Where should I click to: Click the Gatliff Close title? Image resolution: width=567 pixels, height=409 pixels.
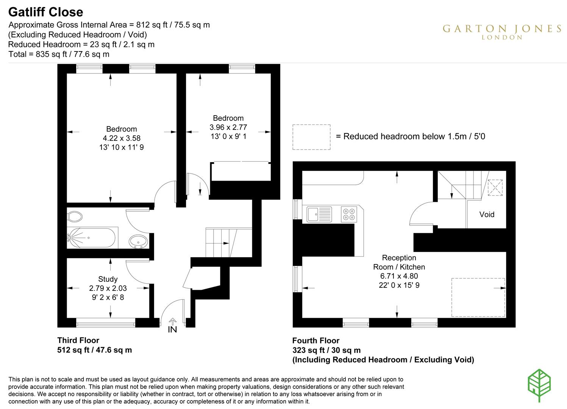(x=45, y=12)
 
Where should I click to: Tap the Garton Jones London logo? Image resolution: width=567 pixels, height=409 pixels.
(x=502, y=31)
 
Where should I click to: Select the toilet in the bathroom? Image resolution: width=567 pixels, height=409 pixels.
(x=75, y=217)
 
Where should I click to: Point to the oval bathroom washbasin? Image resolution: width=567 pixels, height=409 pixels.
(x=139, y=241)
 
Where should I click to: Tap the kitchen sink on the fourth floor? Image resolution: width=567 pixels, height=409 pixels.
(x=319, y=214)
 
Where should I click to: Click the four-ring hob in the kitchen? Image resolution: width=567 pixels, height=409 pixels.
(x=348, y=214)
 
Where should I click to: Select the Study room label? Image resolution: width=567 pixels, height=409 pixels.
(x=108, y=279)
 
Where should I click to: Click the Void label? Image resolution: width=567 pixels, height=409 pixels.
(x=487, y=214)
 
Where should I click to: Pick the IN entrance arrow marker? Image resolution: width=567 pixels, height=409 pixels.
(x=172, y=326)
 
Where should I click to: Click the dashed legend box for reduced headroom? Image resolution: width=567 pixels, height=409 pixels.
(x=311, y=137)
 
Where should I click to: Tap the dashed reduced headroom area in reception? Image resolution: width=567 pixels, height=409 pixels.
(x=478, y=297)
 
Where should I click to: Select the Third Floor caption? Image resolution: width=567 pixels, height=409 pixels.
(x=78, y=340)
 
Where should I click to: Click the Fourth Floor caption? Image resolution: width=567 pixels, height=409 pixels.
(x=316, y=340)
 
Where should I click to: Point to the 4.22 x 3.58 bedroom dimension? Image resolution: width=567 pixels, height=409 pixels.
(x=121, y=138)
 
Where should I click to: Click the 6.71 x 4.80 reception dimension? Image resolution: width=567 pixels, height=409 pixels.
(x=399, y=276)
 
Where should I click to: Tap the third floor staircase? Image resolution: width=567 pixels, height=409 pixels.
(x=220, y=242)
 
